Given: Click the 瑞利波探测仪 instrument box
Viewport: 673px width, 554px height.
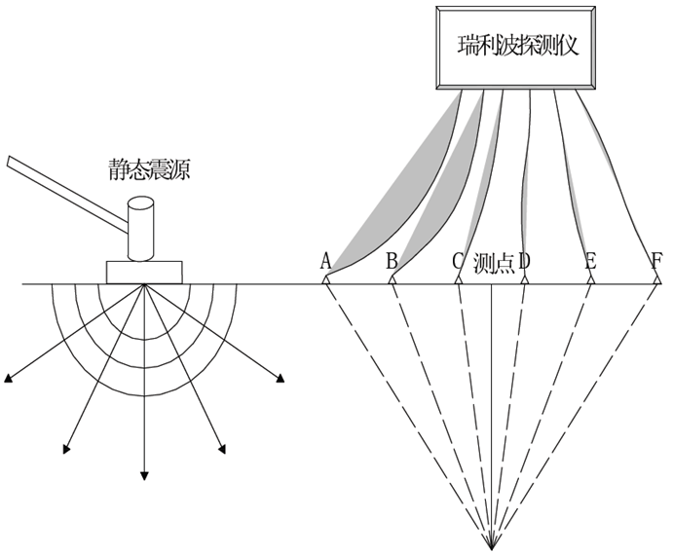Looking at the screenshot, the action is (x=515, y=48).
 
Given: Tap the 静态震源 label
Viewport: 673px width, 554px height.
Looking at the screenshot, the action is (x=149, y=170).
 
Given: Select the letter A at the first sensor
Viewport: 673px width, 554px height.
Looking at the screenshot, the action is (x=325, y=261).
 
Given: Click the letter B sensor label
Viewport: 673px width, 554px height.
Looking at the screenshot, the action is (x=392, y=261).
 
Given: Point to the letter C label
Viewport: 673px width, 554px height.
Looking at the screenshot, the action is (x=458, y=261).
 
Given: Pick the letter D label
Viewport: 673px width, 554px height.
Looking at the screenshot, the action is (x=525, y=261).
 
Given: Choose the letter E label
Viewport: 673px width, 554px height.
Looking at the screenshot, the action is (x=591, y=261).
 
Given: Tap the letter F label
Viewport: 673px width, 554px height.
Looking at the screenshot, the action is (x=656, y=261).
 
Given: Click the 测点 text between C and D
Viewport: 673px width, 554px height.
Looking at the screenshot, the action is (x=494, y=261).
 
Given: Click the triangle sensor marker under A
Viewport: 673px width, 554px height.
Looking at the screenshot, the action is (x=325, y=279).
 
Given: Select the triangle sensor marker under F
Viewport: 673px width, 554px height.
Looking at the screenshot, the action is (x=657, y=279).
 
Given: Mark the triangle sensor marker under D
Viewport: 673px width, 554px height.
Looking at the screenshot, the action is (x=525, y=279).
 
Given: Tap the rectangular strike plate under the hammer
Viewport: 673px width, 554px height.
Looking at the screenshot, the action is (x=144, y=272).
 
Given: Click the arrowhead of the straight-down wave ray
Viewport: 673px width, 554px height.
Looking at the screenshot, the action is (x=144, y=476).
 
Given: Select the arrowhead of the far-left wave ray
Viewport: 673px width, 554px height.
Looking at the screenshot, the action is (x=7, y=378).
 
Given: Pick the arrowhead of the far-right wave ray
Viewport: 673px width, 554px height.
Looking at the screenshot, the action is (x=280, y=378).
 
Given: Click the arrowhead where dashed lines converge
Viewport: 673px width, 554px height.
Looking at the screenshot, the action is (x=492, y=544).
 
